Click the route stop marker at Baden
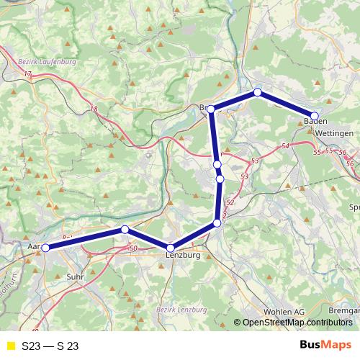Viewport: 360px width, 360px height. (x=315, y=115)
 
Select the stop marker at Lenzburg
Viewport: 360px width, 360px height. (x=171, y=248)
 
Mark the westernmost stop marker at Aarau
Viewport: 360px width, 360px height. (x=45, y=248)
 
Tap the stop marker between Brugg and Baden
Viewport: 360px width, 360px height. (x=257, y=92)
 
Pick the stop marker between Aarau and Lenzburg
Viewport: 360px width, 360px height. (x=125, y=229)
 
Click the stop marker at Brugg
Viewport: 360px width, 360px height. (x=211, y=109)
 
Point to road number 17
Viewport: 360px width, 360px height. (x=27, y=74)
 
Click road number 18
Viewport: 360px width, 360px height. (x=94, y=109)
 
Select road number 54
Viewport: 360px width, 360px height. (x=286, y=147)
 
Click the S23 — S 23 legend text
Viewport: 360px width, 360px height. (x=50, y=346)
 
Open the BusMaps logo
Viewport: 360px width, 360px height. (x=325, y=346)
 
